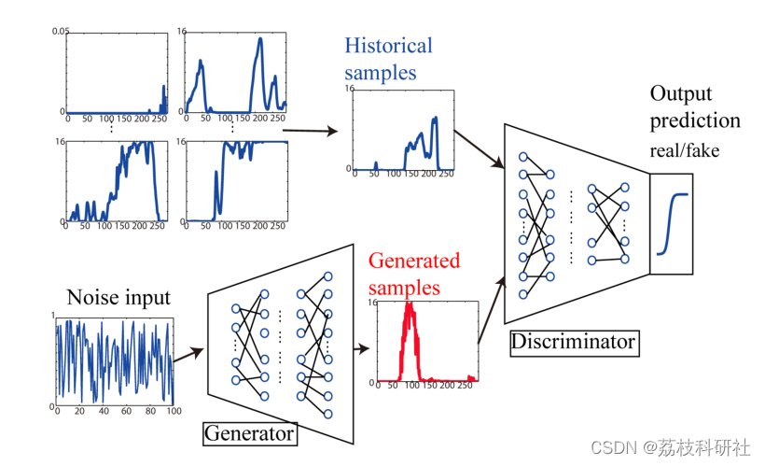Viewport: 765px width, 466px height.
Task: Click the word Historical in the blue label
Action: point(388,46)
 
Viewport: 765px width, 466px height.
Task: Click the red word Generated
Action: point(414,261)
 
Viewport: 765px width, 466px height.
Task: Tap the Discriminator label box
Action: point(575,343)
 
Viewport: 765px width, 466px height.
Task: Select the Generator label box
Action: point(250,433)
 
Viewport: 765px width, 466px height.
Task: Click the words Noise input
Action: point(118,297)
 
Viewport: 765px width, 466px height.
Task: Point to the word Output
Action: point(681,94)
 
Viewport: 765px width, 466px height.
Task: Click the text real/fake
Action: point(685,151)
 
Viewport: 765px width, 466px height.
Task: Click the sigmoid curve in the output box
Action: point(672,224)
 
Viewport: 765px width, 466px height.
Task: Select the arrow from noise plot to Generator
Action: point(188,355)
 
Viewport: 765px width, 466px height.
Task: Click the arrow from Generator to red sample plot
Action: point(362,348)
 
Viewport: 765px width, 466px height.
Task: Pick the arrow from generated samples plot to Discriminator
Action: point(492,310)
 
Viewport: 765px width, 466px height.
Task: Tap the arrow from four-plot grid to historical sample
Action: point(311,131)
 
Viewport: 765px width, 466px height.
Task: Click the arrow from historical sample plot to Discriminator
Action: point(480,149)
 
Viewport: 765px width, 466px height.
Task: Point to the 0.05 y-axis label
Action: point(61,31)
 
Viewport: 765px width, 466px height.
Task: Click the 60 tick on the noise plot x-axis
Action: point(126,411)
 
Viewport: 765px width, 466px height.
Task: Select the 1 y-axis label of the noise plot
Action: point(53,316)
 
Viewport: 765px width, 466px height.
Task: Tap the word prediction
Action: point(695,121)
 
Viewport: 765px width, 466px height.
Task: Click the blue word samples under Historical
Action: point(381,73)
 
